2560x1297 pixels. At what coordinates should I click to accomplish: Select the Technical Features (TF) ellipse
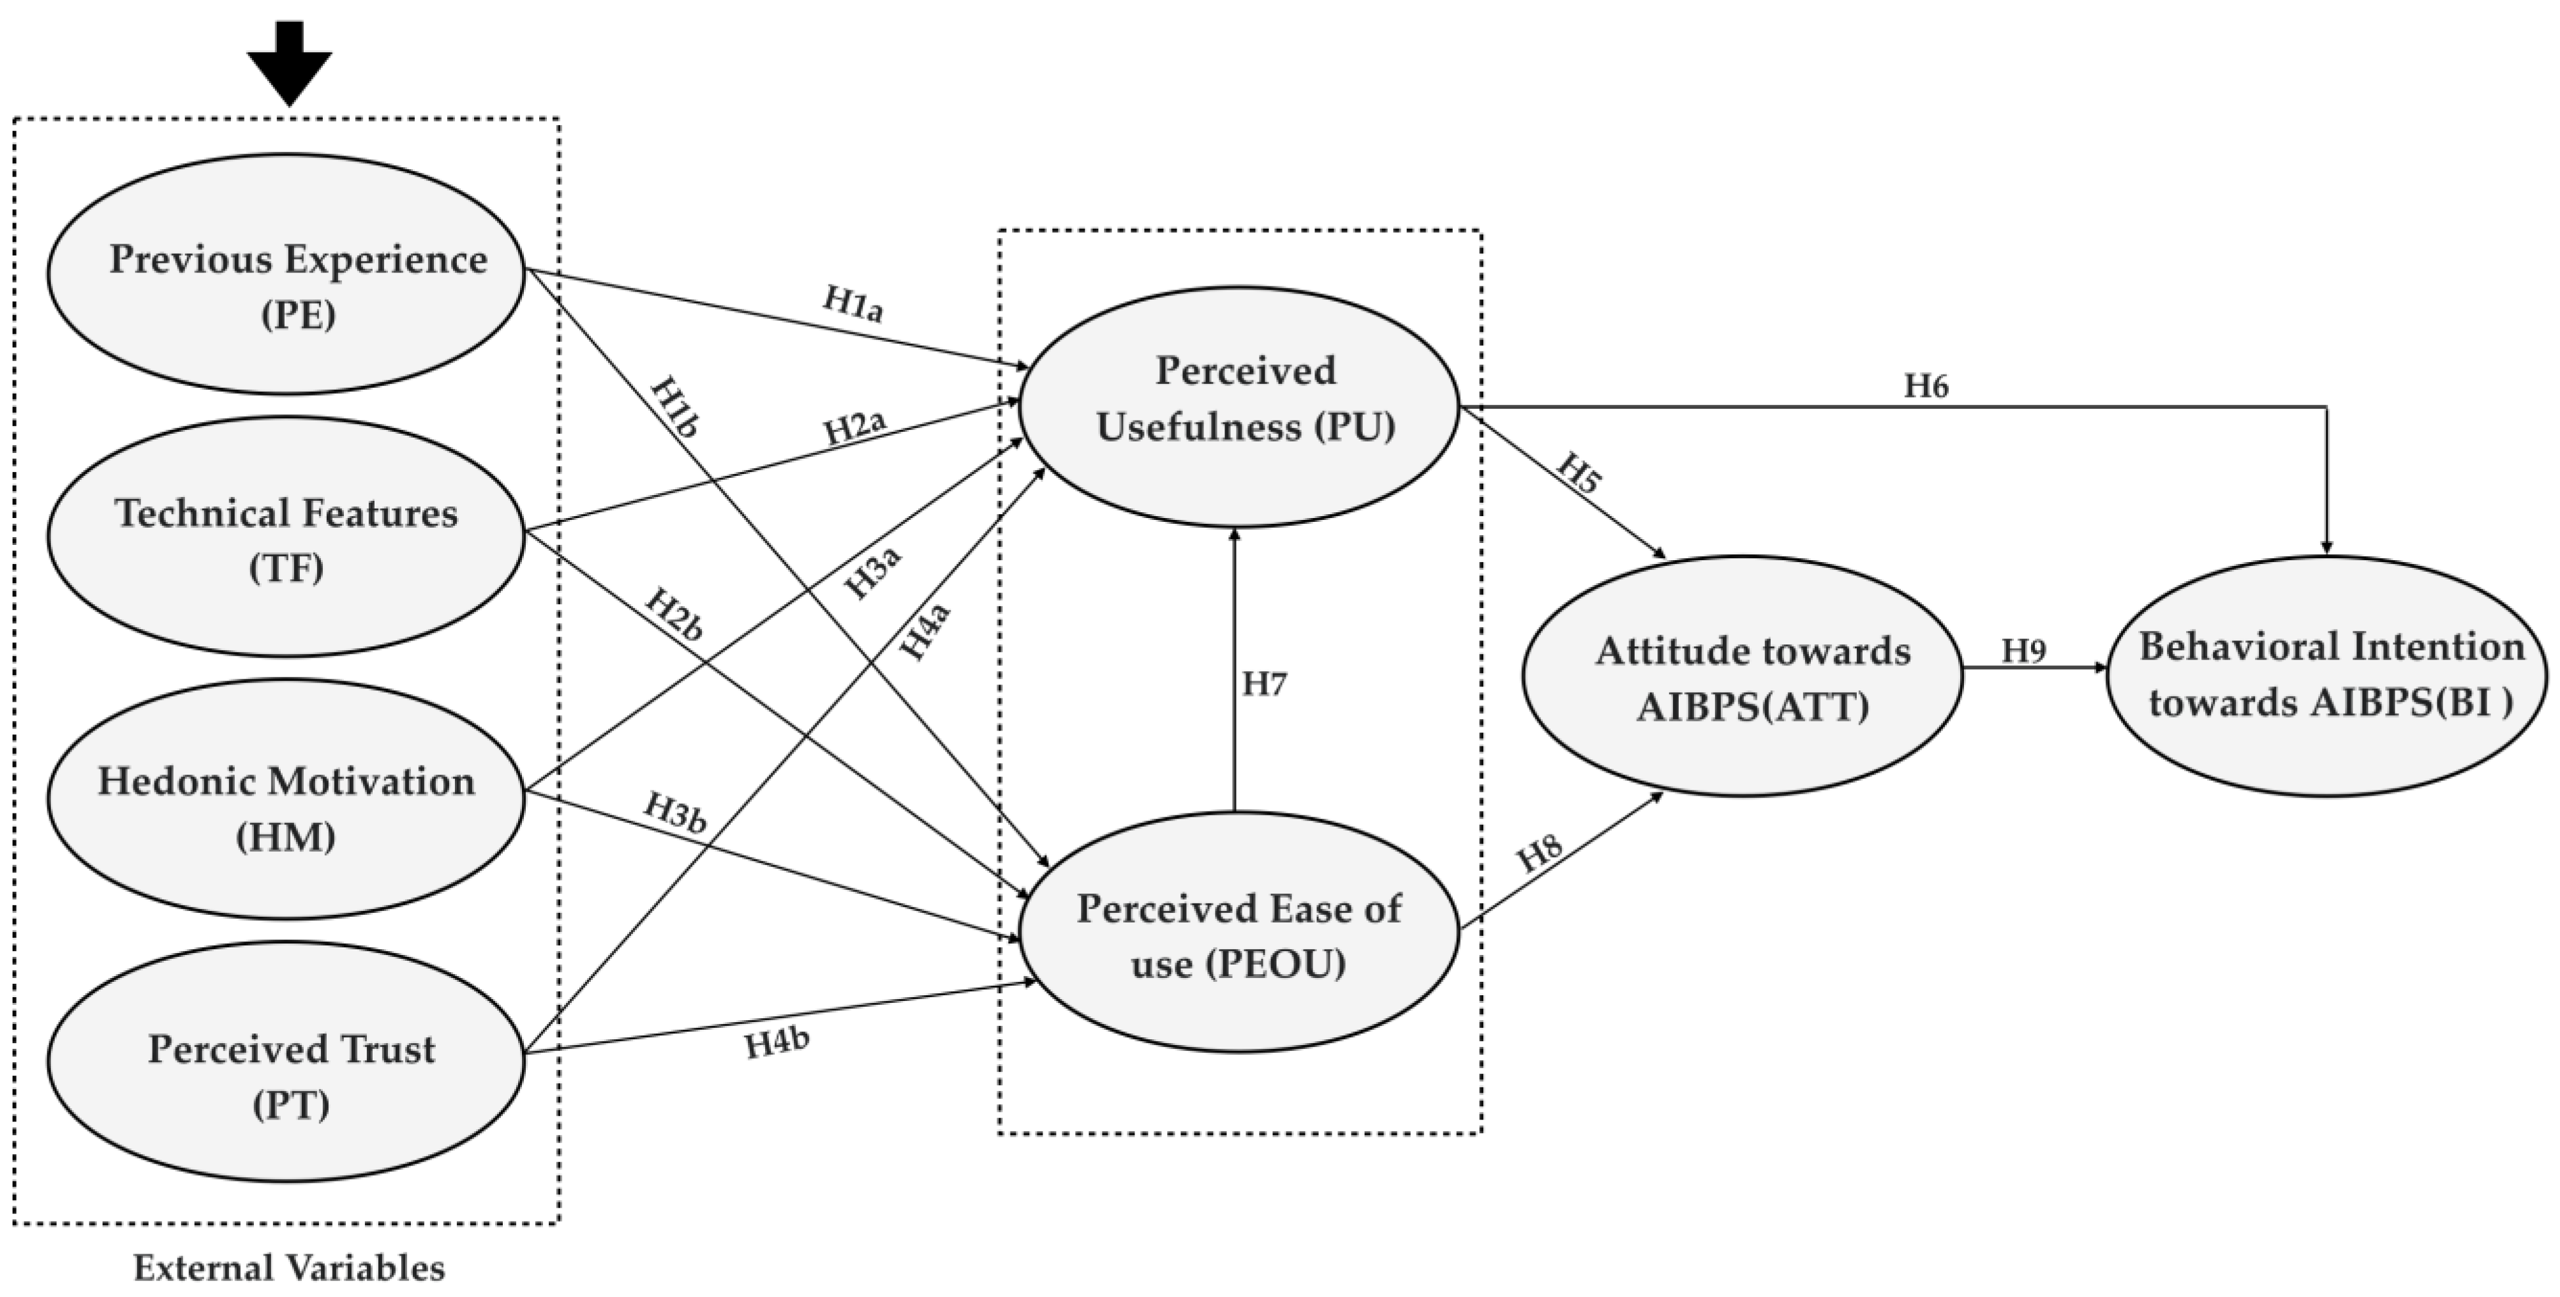pos(287,537)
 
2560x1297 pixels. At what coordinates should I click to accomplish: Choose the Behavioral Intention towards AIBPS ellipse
pos(2328,676)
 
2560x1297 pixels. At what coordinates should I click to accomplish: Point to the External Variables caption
pos(289,1269)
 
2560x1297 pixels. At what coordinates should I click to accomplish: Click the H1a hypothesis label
pos(852,304)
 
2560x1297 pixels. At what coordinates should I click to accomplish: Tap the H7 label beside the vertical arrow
pos(1264,685)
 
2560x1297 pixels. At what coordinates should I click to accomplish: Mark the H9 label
pos(2023,651)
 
